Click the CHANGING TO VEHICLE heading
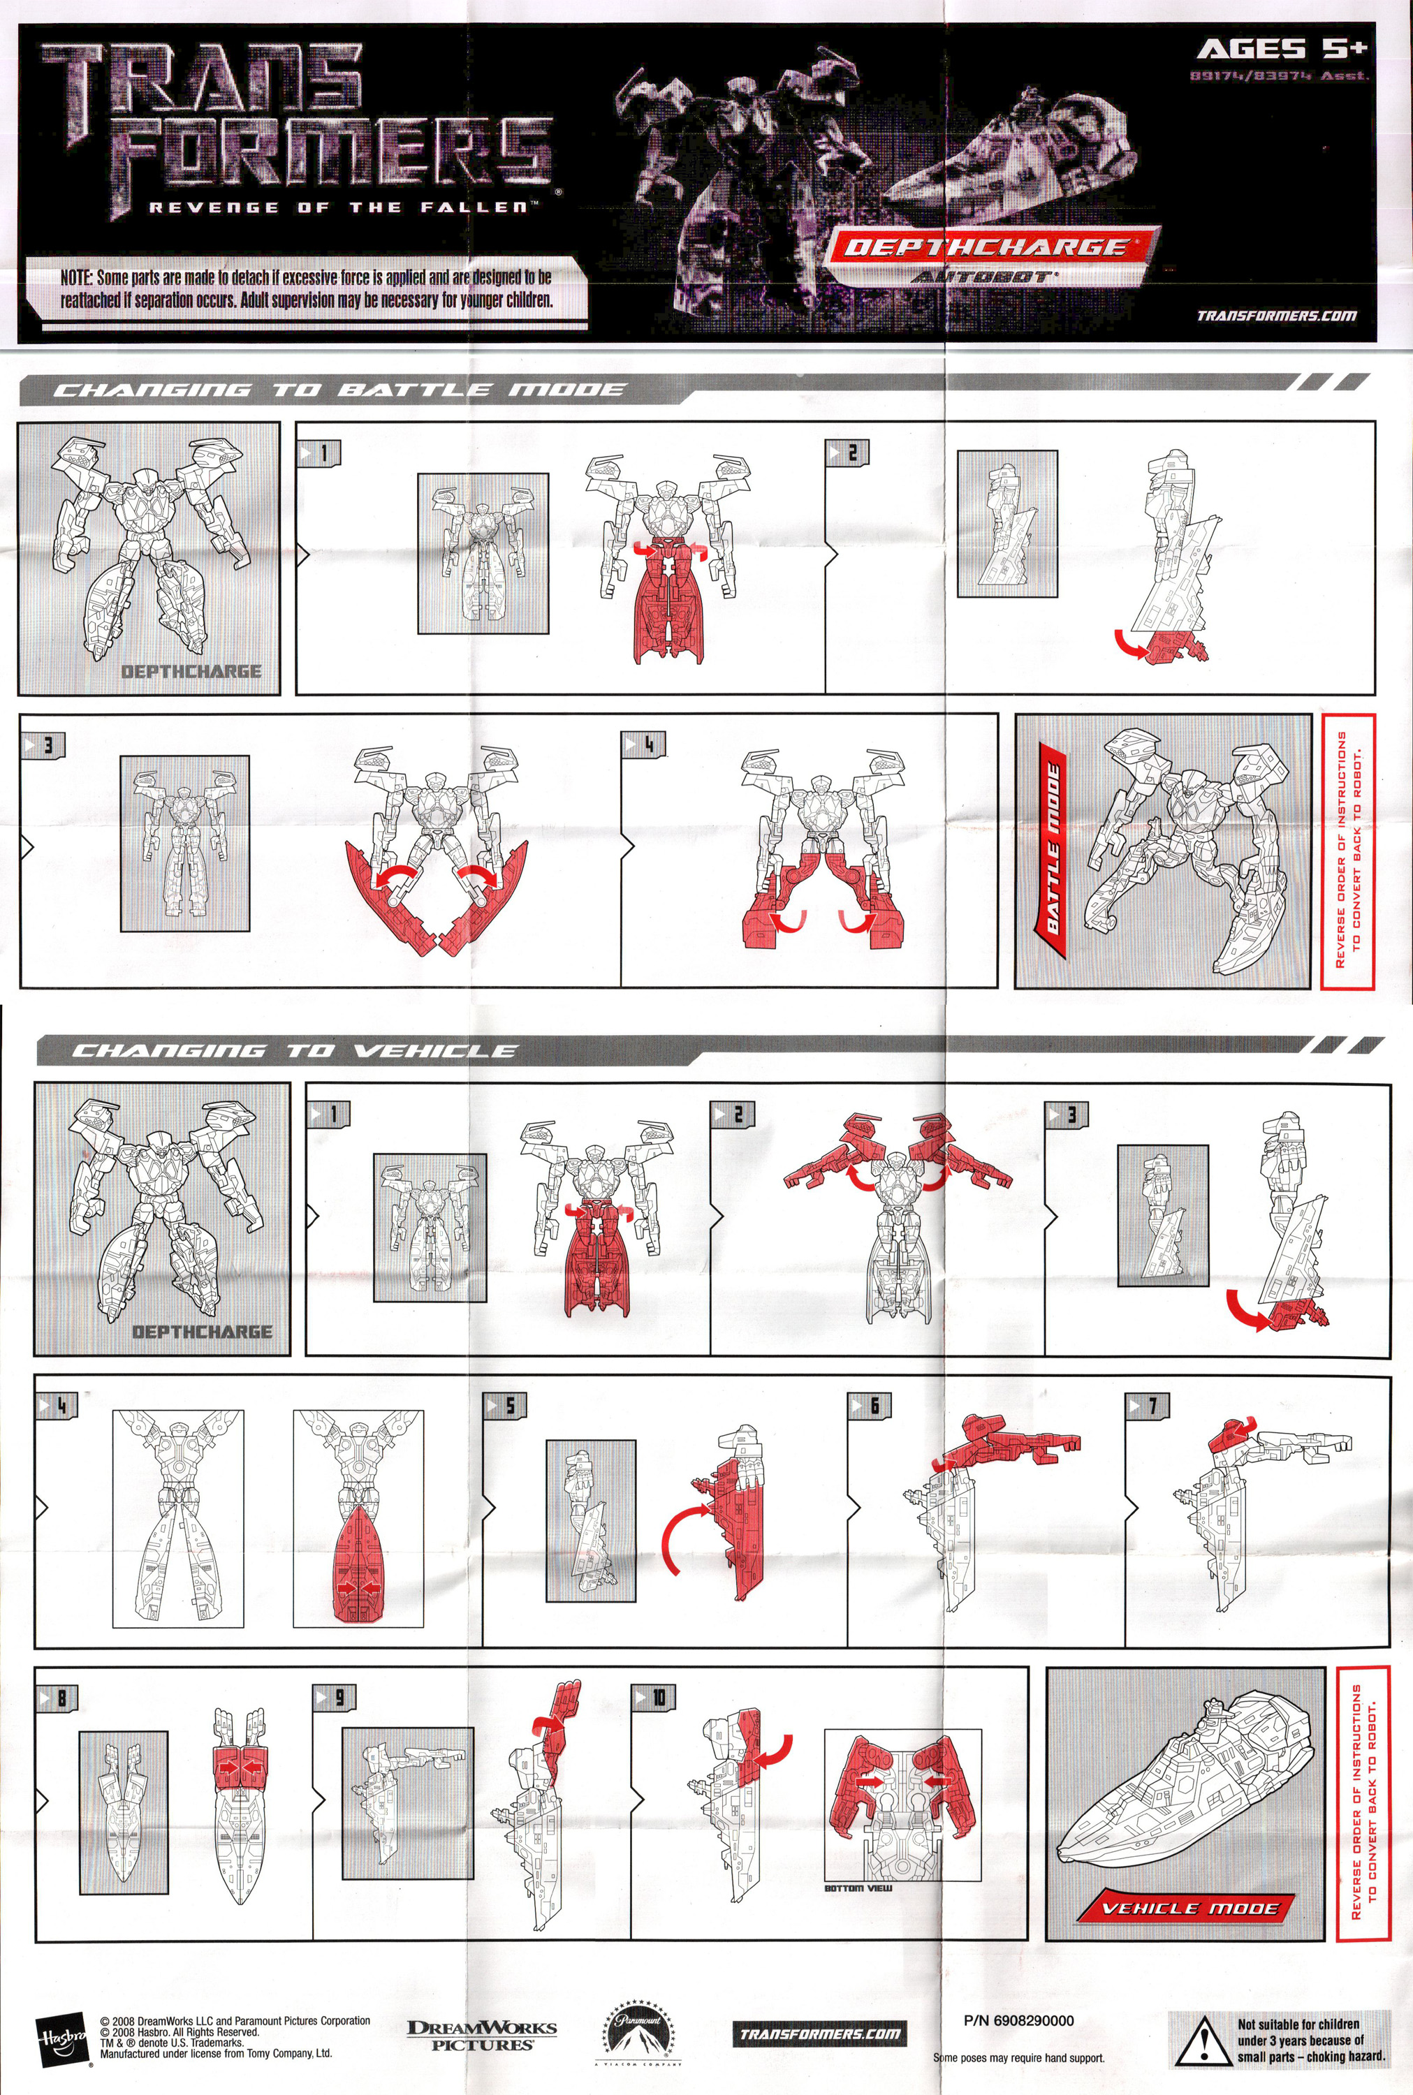(x=294, y=1050)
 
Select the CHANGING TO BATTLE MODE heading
(x=339, y=390)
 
